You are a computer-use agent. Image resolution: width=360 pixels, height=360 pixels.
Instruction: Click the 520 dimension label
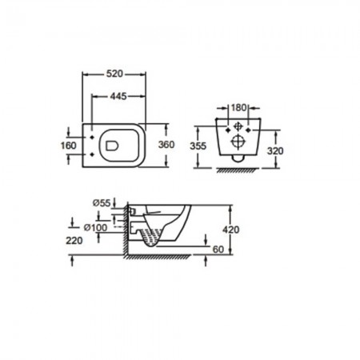(x=114, y=74)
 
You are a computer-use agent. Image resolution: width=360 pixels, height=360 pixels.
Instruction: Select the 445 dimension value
(x=118, y=96)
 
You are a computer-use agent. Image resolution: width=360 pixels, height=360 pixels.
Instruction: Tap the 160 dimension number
(x=69, y=146)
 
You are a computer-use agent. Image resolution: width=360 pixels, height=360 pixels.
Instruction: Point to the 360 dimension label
(x=166, y=145)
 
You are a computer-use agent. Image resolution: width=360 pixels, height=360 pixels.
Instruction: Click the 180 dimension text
(x=238, y=108)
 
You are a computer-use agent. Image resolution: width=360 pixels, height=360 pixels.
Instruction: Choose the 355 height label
(x=198, y=146)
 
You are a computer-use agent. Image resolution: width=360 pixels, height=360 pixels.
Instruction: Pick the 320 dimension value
(x=275, y=151)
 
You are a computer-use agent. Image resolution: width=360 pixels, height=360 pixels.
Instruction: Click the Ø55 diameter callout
(x=102, y=203)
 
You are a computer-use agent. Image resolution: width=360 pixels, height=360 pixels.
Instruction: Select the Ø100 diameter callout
(x=95, y=227)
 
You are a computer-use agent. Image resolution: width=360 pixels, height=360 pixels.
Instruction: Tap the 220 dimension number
(x=74, y=241)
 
